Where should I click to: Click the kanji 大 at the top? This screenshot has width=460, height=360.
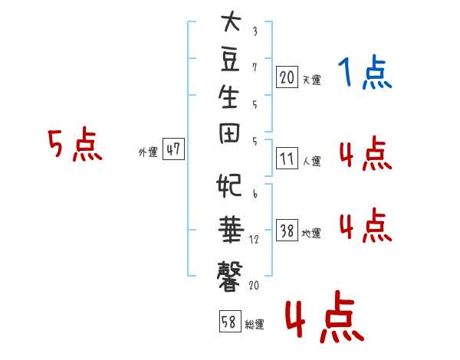coord(232,21)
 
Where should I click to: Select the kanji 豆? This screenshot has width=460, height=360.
coord(230,60)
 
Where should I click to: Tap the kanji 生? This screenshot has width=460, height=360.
coord(228,97)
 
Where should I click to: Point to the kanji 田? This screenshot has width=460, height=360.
coord(230,133)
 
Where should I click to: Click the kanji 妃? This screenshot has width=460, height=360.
coord(229,185)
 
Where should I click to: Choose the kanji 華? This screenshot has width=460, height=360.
coord(231,230)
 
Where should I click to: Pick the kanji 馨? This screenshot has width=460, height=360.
coord(230,277)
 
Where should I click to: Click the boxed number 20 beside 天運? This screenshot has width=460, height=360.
coord(287,77)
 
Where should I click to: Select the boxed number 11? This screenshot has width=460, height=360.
coord(287,159)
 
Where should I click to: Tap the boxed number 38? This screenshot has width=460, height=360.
coord(287,230)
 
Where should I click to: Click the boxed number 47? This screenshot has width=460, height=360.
coord(173,149)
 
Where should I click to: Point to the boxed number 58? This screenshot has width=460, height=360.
coord(230,321)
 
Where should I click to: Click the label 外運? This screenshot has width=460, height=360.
coord(148,152)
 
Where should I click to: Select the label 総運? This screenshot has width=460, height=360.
coord(255,325)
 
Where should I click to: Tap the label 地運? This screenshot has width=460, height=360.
coord(311,234)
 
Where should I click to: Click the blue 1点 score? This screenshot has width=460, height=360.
coord(365,72)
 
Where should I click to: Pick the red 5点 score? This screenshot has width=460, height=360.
coord(75,144)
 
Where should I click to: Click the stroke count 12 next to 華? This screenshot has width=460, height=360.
coord(254,240)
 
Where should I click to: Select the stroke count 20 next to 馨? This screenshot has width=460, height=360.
coord(254,285)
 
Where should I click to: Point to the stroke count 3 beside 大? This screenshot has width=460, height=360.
coord(255,31)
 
